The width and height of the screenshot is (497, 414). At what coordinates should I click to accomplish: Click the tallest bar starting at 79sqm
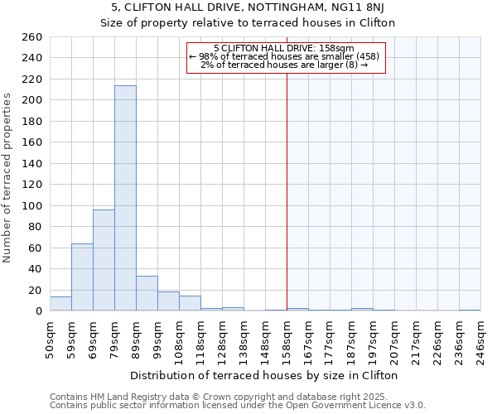pos(125,199)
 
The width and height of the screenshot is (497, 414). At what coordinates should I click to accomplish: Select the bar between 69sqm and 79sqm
pos(104,261)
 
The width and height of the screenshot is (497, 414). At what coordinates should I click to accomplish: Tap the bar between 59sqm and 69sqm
pos(82,277)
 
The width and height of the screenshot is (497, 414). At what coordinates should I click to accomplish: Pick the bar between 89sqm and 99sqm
pos(147,294)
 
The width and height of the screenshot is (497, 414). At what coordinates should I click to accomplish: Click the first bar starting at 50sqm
pos(60,304)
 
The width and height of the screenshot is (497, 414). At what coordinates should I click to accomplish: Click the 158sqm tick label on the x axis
pos(287,339)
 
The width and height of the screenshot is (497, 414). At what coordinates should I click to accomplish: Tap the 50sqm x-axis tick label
pos(50,339)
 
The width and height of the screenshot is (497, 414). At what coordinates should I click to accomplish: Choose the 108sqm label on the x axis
pos(179,339)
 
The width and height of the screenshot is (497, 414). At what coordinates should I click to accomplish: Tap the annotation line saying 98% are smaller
pos(284,56)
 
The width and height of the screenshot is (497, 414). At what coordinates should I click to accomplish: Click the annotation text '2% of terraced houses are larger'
pos(284,65)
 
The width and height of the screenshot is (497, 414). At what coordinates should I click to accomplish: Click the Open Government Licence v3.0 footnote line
pos(237,406)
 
